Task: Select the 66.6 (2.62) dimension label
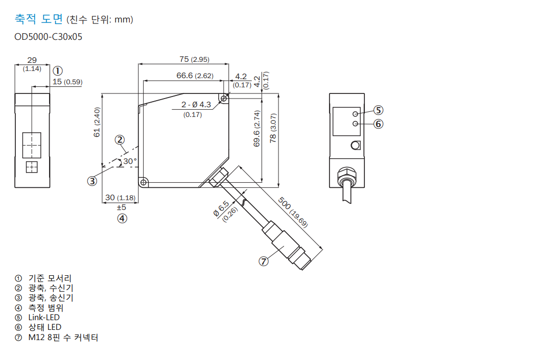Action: click(195, 76)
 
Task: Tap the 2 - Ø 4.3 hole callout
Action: click(196, 105)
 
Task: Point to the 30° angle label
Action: click(130, 161)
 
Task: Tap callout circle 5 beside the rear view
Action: click(378, 110)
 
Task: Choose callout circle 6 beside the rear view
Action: click(378, 124)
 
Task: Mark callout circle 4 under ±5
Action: click(122, 219)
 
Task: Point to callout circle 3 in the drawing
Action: click(92, 180)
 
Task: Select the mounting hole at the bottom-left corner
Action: click(144, 182)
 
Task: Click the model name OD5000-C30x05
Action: click(49, 37)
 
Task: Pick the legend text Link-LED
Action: click(44, 317)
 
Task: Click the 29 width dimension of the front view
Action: click(32, 60)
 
